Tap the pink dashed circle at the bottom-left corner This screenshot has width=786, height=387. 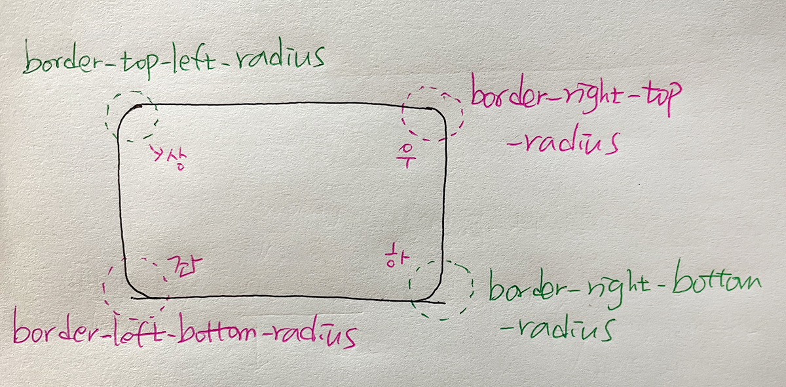[x=136, y=283]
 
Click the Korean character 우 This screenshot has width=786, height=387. [x=407, y=157]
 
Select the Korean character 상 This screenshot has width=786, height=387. [x=172, y=159]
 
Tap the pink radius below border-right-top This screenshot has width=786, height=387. [x=568, y=142]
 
